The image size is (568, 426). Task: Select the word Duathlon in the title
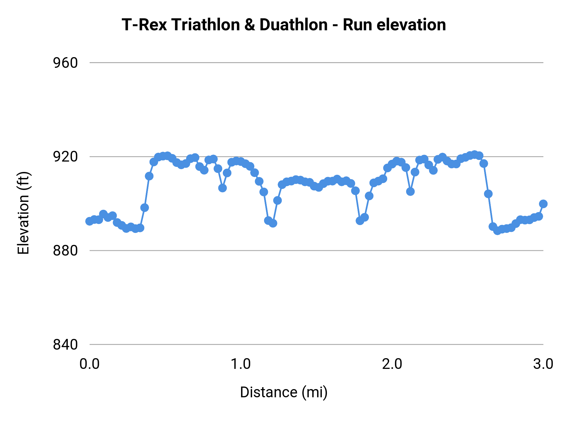click(x=293, y=25)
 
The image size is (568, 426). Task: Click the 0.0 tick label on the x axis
click(x=90, y=364)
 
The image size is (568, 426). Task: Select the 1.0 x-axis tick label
click(x=241, y=364)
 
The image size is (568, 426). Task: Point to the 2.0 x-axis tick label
click(x=392, y=364)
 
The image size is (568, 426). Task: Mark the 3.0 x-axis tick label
click(x=543, y=364)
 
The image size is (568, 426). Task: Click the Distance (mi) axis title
click(x=284, y=392)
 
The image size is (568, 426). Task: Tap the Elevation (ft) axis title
click(x=24, y=213)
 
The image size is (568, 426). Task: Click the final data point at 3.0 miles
click(x=543, y=204)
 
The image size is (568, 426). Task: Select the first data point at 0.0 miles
click(x=90, y=221)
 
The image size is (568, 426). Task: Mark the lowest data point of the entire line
click(x=497, y=231)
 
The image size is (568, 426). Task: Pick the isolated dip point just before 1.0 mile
click(x=222, y=188)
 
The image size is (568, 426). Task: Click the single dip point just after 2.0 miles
click(x=410, y=192)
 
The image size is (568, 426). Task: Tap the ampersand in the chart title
click(x=249, y=25)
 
